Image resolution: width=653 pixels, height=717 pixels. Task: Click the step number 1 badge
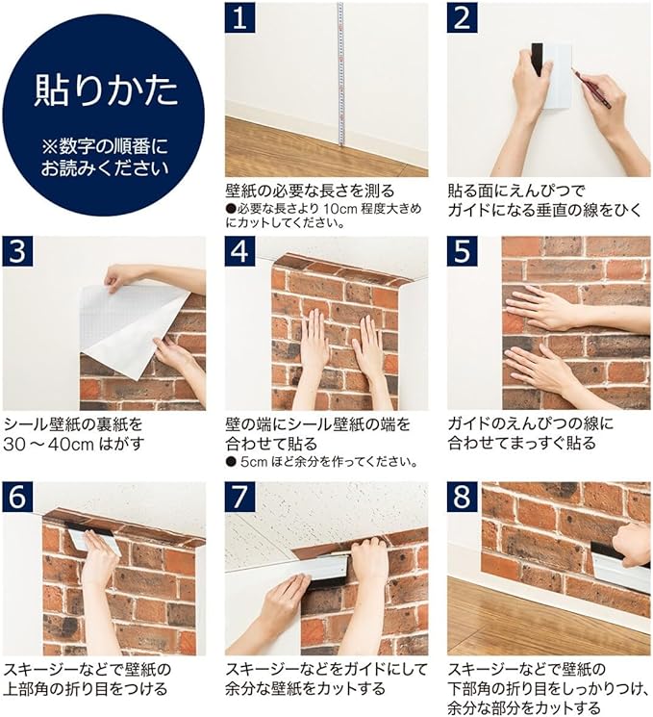[x=239, y=17]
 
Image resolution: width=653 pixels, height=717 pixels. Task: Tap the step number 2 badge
[x=462, y=17]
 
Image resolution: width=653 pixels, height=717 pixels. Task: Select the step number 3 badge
[x=18, y=251]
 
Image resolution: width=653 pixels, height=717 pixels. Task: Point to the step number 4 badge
[x=239, y=251]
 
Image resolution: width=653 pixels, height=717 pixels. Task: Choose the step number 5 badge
[x=462, y=251]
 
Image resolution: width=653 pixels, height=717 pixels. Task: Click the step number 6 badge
[x=18, y=497]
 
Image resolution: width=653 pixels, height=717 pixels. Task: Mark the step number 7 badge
[x=239, y=497]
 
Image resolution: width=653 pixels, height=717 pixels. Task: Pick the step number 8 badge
[x=462, y=497]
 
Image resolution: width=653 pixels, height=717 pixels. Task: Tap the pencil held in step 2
[x=591, y=89]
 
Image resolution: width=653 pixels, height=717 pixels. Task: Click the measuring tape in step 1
[x=340, y=74]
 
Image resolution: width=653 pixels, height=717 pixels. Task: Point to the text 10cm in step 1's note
[x=340, y=209]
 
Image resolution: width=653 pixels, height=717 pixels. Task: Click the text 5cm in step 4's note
[x=254, y=462]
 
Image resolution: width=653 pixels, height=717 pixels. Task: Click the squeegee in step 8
[x=619, y=567]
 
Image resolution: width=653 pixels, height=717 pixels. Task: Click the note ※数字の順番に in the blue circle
[x=105, y=147]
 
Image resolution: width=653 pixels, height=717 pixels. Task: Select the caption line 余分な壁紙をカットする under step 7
[x=305, y=689]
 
